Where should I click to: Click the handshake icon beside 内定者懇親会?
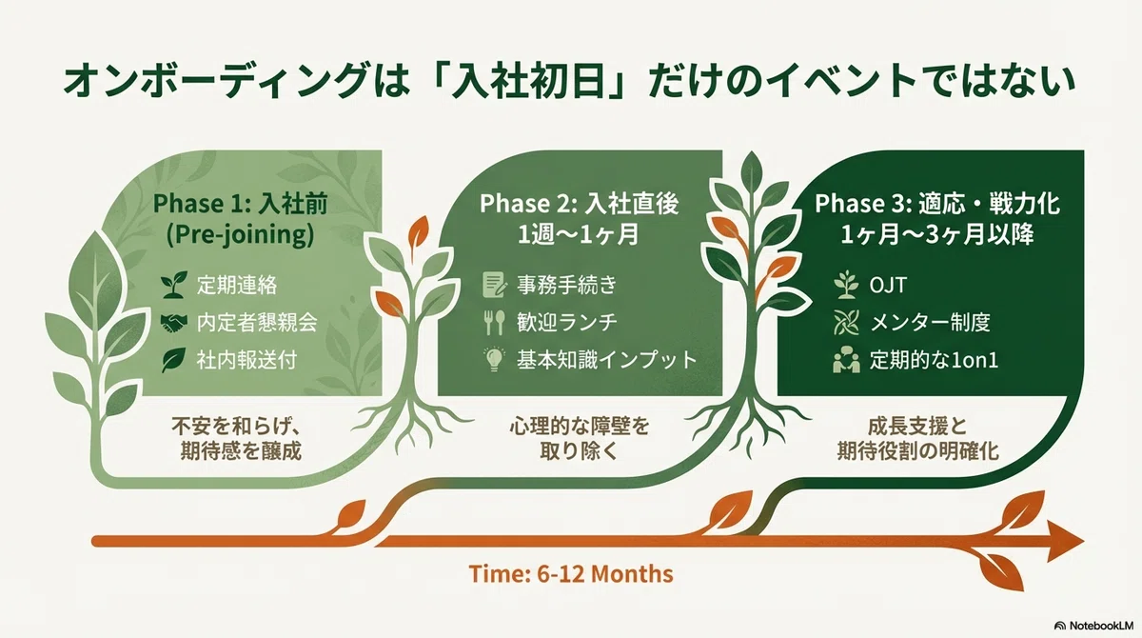pos(173,323)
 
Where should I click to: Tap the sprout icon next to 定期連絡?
pos(173,285)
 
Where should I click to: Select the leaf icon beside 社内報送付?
pos(173,360)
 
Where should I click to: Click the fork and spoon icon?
pos(494,323)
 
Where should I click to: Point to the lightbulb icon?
pos(494,360)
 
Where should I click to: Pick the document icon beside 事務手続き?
pos(495,285)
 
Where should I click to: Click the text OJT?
pos(888,285)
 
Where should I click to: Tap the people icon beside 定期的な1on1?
pos(846,360)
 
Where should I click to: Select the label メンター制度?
pos(930,323)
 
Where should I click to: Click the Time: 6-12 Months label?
pos(570,574)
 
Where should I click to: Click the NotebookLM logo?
pos(1094,626)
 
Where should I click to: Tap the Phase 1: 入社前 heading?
pos(240,204)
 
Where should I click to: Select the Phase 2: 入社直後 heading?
pos(580,204)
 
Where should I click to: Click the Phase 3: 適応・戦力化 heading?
pos(937,204)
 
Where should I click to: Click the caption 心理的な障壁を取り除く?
pos(580,439)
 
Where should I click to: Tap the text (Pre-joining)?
pos(240,235)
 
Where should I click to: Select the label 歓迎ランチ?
pos(567,323)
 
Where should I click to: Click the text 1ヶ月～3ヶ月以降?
pos(937,235)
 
